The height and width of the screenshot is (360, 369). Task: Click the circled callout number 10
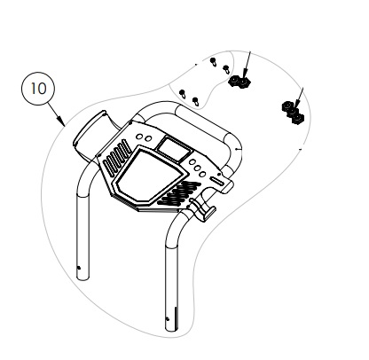38,89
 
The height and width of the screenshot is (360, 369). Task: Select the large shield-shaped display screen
149,175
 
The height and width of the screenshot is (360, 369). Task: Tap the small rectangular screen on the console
173,148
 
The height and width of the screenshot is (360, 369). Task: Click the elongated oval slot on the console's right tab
217,181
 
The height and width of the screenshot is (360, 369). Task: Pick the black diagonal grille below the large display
179,193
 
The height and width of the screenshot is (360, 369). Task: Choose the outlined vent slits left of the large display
117,157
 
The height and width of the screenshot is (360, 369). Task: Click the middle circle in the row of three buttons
197,168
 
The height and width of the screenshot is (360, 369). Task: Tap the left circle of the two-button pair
139,137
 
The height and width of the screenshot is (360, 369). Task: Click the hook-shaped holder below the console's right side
203,209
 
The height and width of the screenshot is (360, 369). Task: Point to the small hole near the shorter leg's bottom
78,268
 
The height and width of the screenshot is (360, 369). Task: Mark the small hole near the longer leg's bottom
168,319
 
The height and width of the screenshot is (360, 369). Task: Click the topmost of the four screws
213,61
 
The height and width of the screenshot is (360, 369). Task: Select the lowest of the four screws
195,101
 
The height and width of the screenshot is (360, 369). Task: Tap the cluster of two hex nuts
239,82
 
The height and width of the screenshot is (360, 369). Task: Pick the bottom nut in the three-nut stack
297,119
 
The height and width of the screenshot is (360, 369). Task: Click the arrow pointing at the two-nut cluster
247,65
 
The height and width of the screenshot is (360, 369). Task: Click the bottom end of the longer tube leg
172,329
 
